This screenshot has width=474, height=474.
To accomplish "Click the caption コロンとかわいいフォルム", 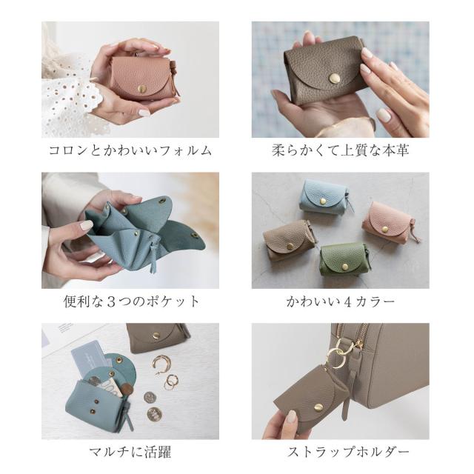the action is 130,150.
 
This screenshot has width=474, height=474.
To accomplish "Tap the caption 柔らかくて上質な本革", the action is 341,150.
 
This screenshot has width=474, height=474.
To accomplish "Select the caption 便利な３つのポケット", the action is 132,301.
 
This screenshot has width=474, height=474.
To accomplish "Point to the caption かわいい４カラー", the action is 341,301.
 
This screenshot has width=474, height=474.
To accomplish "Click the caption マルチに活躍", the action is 130,453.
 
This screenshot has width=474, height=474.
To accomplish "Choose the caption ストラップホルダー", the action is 348,453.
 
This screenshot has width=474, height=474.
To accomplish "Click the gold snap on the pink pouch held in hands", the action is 141,88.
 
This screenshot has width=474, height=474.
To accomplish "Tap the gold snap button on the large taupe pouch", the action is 334,79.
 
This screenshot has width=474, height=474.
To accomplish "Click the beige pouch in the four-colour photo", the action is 288,241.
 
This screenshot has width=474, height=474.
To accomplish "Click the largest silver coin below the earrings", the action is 154,414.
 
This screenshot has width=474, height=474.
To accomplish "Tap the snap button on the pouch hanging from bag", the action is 318,407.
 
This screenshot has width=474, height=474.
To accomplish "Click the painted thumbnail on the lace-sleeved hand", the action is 144,113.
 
